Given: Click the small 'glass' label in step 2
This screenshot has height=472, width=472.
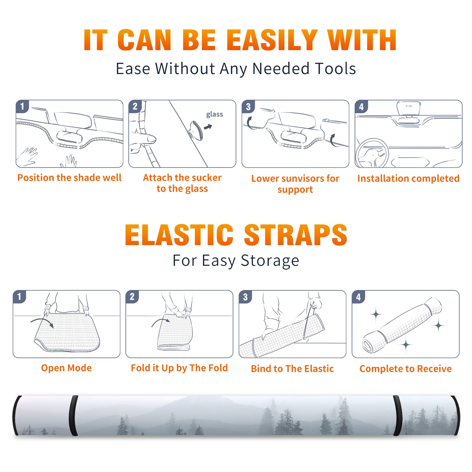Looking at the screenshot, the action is coord(214,114).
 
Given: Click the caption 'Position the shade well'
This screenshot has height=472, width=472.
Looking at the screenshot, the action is coord(69,178).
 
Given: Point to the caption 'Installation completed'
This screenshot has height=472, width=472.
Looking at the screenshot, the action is coord(408,178).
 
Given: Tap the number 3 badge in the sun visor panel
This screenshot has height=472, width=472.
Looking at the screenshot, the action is coord(248,106).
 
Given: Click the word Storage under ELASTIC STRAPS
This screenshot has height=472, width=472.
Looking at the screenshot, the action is coord(270,261).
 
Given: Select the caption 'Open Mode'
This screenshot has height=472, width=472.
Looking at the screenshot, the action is coord(66,368).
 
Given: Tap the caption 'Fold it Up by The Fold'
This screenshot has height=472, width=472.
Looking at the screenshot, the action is coord(179,368).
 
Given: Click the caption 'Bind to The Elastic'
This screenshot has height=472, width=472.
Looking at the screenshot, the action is coord(292,368).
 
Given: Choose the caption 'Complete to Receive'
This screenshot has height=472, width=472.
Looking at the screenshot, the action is coord(406,368).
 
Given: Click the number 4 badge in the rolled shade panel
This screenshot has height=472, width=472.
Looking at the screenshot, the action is coord(358,297).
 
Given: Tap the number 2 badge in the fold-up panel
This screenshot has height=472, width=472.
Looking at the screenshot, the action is coord(132,296).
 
